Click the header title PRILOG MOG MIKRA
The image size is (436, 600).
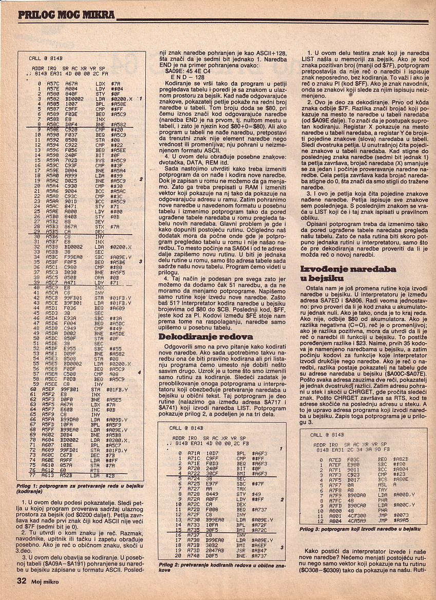pyautogui.click(x=66, y=14)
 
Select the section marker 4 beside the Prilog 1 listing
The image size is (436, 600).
pyautogui.click(x=140, y=371)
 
